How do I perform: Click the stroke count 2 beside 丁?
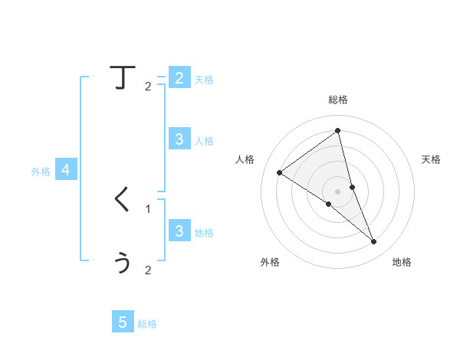pyautogui.click(x=148, y=87)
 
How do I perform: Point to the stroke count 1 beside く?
pyautogui.click(x=148, y=208)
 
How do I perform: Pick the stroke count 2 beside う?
pyautogui.click(x=148, y=270)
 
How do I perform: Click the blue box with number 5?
pyautogui.click(x=123, y=322)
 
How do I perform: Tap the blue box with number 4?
pyautogui.click(x=66, y=170)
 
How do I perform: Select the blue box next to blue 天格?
pyautogui.click(x=179, y=77)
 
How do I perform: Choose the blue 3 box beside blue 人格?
pyautogui.click(x=179, y=139)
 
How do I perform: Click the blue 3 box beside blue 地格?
pyautogui.click(x=179, y=231)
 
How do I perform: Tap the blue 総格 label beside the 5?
pyautogui.click(x=147, y=324)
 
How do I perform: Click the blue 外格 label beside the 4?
pyautogui.click(x=41, y=172)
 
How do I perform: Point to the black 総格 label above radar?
pyautogui.click(x=338, y=100)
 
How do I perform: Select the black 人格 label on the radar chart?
pyautogui.click(x=245, y=159)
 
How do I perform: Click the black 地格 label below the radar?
pyautogui.click(x=402, y=262)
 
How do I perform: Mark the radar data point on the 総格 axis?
pyautogui.click(x=338, y=131)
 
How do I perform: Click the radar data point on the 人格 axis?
pyautogui.click(x=279, y=172)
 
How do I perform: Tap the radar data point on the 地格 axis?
pyautogui.click(x=374, y=242)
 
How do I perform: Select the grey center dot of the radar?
pyautogui.click(x=338, y=191)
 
